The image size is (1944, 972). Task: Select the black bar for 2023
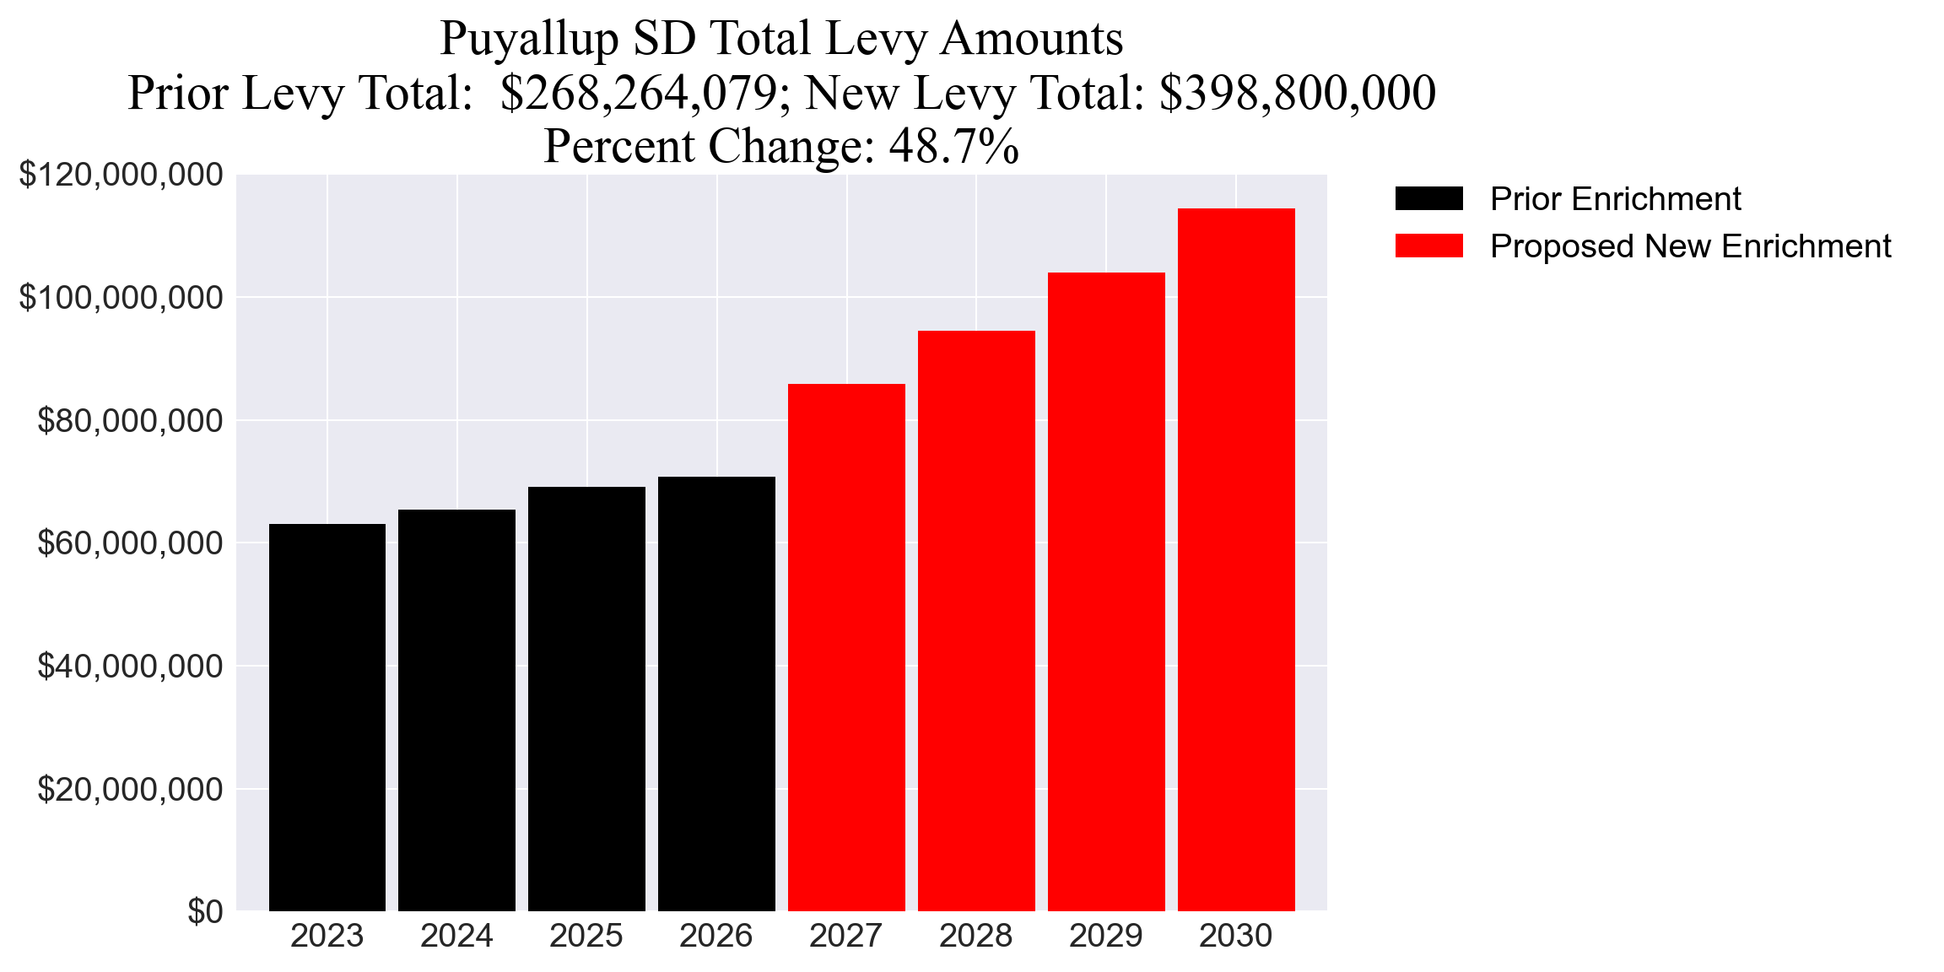[x=327, y=717]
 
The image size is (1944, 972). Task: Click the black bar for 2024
[x=456, y=710]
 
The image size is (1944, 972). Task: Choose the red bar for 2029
[x=1106, y=591]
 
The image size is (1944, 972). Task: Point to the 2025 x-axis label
[x=586, y=936]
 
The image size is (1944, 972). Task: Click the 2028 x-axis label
[x=975, y=936]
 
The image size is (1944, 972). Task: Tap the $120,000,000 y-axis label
[x=121, y=175]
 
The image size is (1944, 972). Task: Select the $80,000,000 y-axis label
[x=131, y=420]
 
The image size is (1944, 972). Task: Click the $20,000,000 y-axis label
[x=131, y=789]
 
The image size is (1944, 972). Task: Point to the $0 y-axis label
[x=205, y=912]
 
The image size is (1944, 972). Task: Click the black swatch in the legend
[x=1428, y=198]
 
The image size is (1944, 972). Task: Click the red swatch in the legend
[x=1428, y=246]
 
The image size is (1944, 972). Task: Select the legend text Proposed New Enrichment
[x=1690, y=246]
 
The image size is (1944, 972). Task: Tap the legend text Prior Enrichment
[x=1615, y=199]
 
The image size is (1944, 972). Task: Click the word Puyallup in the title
[x=529, y=40]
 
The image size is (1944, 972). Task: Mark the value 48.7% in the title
[x=953, y=146]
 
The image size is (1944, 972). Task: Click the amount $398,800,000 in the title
[x=1297, y=93]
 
